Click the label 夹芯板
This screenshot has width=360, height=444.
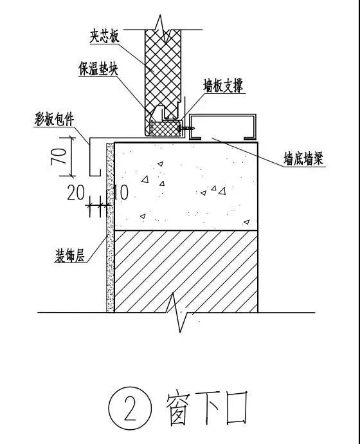[x=104, y=37]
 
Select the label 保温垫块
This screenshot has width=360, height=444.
[x=98, y=69]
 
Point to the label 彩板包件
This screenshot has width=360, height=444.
[x=54, y=119]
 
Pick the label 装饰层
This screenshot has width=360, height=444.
[x=69, y=256]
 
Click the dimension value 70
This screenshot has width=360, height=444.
[x=59, y=156]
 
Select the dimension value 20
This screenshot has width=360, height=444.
[x=76, y=193]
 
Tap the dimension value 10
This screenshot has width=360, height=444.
[x=121, y=192]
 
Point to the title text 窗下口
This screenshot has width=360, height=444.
[x=206, y=409]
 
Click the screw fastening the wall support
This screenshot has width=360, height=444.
[x=186, y=128]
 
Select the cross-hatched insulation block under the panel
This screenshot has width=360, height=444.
[x=166, y=129]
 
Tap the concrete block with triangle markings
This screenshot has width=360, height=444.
[x=186, y=187]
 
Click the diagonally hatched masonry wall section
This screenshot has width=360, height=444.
[x=186, y=272]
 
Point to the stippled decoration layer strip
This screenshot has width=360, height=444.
[x=110, y=227]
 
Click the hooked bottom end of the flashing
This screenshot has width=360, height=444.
[x=95, y=175]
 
